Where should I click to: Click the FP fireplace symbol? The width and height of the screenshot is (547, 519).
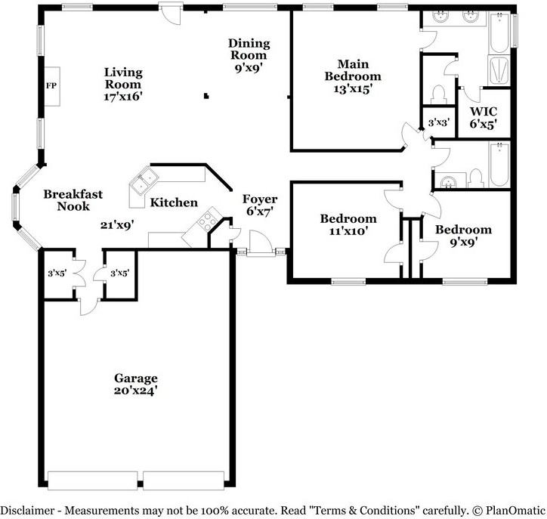(52, 85)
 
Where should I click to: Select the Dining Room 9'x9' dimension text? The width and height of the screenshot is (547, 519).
(248, 66)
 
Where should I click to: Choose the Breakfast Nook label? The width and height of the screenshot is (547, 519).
(73, 200)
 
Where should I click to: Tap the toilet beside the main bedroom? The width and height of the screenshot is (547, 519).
(437, 94)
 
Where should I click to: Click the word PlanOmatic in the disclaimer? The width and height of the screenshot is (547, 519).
(511, 508)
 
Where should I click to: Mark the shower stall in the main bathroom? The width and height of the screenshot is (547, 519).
(499, 70)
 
